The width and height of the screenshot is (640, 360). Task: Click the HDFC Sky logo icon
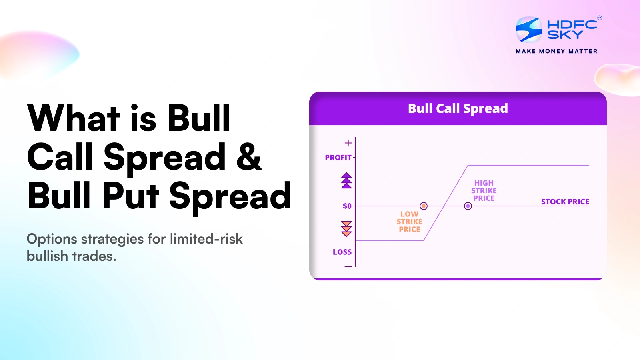point(529,29)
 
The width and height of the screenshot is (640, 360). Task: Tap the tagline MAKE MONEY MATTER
point(556,51)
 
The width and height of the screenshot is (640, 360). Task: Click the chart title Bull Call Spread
point(458,108)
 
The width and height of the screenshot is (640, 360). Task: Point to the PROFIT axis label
point(338,158)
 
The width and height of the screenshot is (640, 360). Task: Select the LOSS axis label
point(342,252)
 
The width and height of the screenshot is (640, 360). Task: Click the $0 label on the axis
point(347,206)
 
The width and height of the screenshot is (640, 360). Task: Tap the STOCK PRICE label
point(565,202)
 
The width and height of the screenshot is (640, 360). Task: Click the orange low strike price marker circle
point(424,206)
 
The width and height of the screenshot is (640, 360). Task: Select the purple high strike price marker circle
point(468,206)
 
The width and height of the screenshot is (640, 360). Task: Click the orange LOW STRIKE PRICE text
point(409,222)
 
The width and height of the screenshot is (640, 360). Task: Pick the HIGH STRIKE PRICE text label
point(484,190)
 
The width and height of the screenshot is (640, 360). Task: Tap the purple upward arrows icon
point(346,180)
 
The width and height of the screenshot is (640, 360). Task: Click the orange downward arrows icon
point(346,228)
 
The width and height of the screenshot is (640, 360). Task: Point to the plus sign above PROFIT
point(348,143)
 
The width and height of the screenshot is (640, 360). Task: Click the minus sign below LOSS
point(348,266)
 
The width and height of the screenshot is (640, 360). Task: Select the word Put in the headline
point(131,196)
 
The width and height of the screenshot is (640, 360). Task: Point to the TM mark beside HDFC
point(599,18)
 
